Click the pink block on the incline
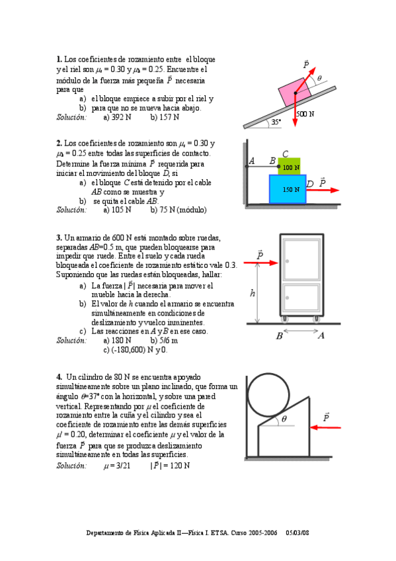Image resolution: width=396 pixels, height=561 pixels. click(x=295, y=92)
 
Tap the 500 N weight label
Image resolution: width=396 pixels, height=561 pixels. click(x=305, y=114)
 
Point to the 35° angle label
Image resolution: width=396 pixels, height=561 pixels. click(x=276, y=122)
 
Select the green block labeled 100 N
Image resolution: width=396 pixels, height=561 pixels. click(x=289, y=166)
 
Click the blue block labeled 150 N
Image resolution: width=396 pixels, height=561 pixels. click(x=288, y=189)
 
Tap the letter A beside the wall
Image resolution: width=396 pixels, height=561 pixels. click(x=252, y=161)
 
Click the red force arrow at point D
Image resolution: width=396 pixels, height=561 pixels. click(x=323, y=190)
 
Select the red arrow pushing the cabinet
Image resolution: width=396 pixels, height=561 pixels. click(x=261, y=263)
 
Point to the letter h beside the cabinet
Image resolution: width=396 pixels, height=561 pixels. click(x=253, y=293)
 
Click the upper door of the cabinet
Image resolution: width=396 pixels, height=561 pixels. click(x=302, y=260)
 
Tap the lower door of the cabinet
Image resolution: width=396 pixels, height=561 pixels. click(x=302, y=298)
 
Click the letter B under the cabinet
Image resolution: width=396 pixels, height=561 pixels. click(x=280, y=336)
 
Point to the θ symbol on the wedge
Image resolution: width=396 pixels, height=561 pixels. click(x=284, y=419)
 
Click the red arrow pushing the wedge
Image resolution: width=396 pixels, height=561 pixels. click(x=325, y=427)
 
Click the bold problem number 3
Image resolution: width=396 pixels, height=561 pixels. click(x=59, y=237)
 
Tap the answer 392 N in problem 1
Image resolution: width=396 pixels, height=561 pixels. click(x=117, y=117)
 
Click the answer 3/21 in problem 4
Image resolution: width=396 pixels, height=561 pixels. click(x=117, y=466)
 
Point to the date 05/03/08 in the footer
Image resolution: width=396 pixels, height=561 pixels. click(x=297, y=533)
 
